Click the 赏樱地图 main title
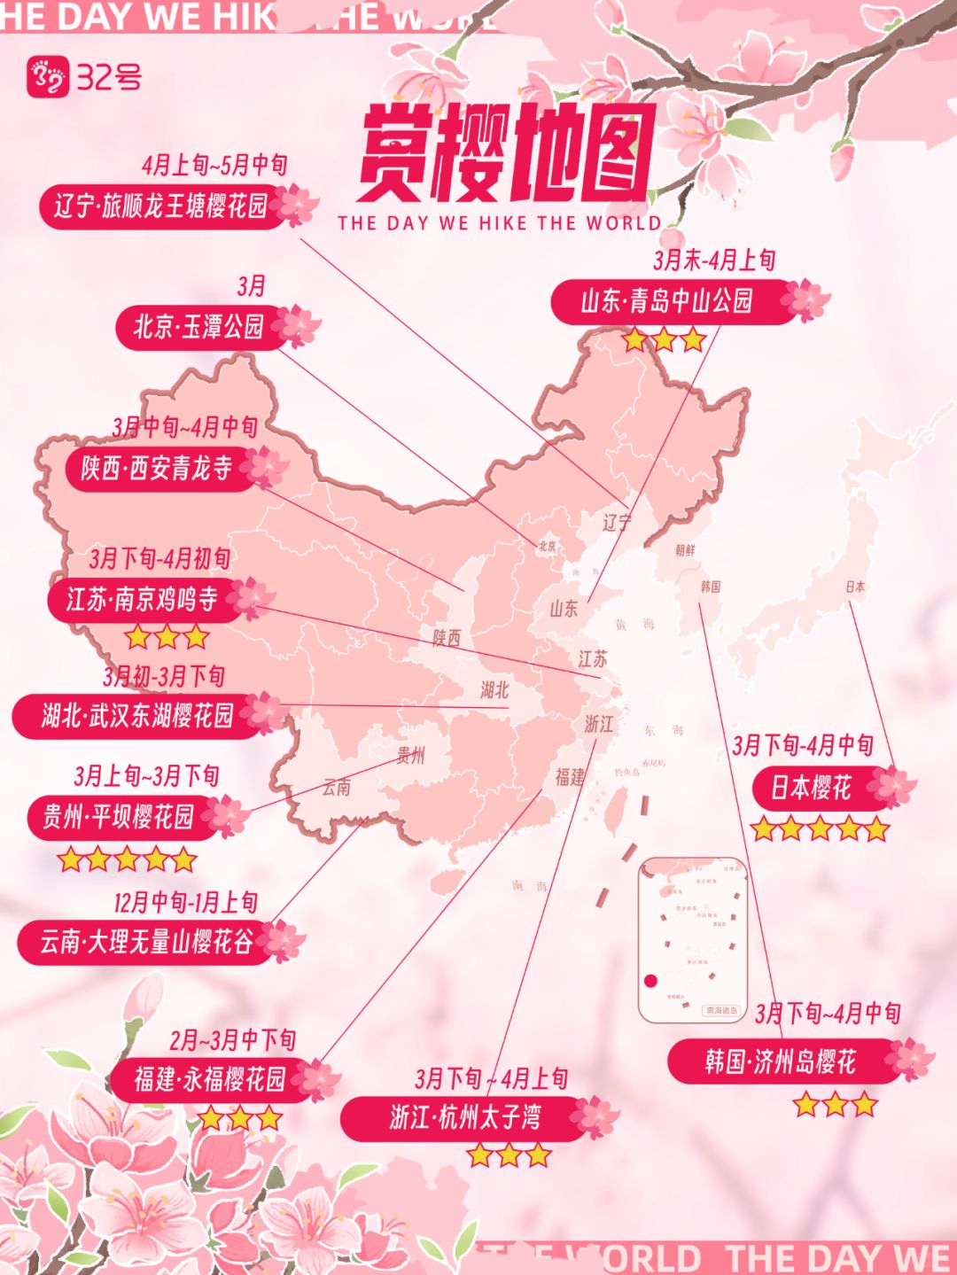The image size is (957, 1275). coord(507,153)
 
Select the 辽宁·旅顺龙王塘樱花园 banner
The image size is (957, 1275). coord(161,206)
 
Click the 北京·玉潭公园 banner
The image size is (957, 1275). coord(199,327)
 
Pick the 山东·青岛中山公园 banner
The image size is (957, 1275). coord(667,301)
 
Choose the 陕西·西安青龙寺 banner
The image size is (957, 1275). coord(158,468)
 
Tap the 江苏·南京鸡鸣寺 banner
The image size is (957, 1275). coord(143,600)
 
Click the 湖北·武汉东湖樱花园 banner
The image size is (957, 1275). coord(137,715)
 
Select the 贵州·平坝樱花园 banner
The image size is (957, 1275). coord(119,816)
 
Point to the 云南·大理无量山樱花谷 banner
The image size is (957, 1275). coord(146,941)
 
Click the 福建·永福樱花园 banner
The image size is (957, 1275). coord(211,1078)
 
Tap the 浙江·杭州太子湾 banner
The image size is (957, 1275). coord(465,1117)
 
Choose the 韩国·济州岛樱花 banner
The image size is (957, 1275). coord(781,1061)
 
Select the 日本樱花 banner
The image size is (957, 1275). coord(811,787)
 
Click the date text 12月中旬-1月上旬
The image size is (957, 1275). coord(185,903)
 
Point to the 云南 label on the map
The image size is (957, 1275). coord(337,787)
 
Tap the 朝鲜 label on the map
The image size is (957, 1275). coord(685,550)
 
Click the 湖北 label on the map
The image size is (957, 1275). coord(494,689)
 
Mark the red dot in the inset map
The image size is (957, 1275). coord(650,981)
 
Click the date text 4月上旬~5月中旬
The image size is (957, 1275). coord(214,165)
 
